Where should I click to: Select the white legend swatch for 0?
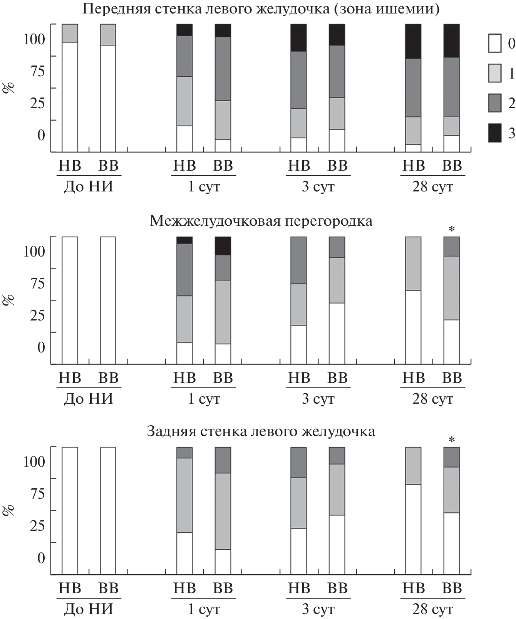(494, 43)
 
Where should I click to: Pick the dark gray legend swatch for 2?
(494, 103)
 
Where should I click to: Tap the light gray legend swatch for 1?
(494, 73)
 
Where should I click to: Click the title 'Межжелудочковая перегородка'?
(261, 221)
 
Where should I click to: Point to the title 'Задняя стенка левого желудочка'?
(261, 431)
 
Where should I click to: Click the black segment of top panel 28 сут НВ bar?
(414, 41)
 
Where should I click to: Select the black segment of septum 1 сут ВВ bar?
(223, 246)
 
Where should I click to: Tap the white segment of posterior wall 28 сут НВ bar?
(414, 529)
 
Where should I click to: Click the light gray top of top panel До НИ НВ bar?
(70, 33)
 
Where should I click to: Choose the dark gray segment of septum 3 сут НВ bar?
(299, 260)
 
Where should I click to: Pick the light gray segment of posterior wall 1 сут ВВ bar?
(223, 511)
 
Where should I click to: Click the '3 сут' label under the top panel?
(318, 187)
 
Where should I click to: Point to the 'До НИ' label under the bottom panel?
(89, 609)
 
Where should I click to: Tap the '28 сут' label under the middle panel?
(432, 399)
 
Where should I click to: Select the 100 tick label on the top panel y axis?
(34, 39)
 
